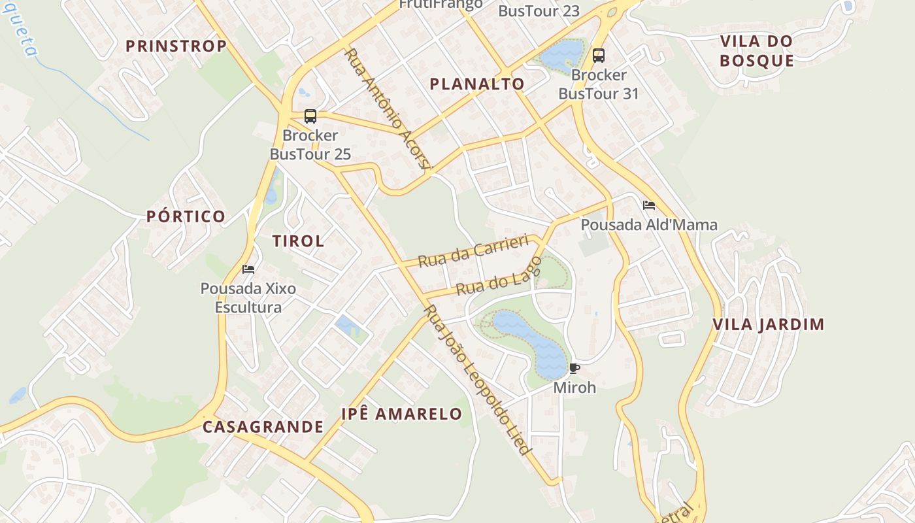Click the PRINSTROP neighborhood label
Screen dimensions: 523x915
[x=176, y=46]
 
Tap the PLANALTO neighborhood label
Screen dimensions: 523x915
[x=477, y=84]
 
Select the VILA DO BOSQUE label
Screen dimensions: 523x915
[x=757, y=51]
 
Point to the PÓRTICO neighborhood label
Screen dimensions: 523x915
[x=186, y=216]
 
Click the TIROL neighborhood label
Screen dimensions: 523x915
[x=298, y=241]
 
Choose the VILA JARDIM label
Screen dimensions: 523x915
[x=768, y=324]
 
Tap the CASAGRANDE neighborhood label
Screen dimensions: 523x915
[x=263, y=427]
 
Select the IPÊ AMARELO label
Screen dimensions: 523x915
[x=402, y=414]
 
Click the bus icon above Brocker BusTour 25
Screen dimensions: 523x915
[x=310, y=116]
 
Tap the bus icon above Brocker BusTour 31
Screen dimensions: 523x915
[x=599, y=56]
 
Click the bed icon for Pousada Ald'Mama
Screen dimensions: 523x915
[x=649, y=205]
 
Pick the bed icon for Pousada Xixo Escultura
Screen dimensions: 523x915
[x=248, y=269]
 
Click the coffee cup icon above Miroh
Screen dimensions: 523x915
[x=574, y=369]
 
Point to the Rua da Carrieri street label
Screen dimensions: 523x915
[x=473, y=251]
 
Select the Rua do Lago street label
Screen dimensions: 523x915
[x=499, y=277]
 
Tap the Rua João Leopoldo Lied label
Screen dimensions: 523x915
[x=478, y=379]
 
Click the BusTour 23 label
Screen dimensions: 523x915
[x=539, y=11]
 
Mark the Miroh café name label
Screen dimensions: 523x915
[x=574, y=388]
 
